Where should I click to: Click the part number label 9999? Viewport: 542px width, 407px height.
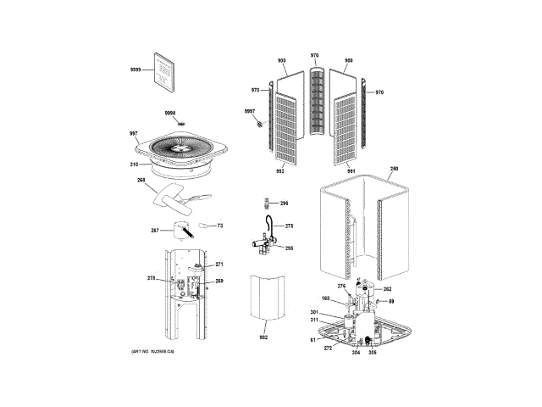[135, 70]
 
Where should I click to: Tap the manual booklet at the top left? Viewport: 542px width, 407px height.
[163, 70]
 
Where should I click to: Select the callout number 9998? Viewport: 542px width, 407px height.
[169, 113]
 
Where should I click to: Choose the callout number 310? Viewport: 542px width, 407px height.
[133, 164]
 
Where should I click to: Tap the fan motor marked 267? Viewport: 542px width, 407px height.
[180, 229]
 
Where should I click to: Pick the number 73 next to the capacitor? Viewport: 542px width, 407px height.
[219, 226]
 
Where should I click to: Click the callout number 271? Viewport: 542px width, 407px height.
[218, 265]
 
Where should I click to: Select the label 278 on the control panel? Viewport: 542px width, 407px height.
[152, 278]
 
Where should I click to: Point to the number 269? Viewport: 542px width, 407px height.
[218, 281]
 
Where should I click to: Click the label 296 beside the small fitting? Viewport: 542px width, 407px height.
[284, 203]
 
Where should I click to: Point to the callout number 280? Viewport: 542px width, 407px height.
[393, 170]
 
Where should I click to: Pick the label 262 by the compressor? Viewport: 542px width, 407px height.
[387, 289]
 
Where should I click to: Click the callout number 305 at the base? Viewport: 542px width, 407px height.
[371, 352]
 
